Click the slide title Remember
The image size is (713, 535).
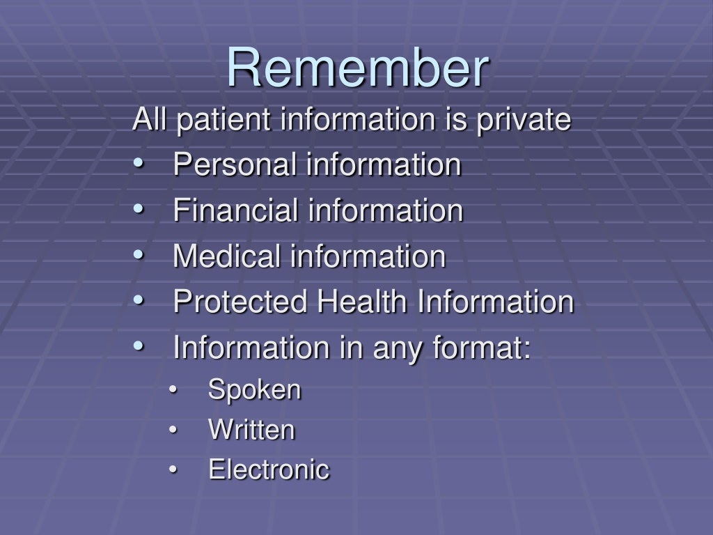coord(358,69)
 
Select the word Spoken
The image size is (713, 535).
coord(255,389)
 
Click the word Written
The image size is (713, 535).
coord(252,430)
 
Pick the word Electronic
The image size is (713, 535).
coord(269,470)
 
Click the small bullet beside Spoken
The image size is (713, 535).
coord(173,391)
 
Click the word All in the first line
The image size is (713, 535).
coord(150,120)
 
